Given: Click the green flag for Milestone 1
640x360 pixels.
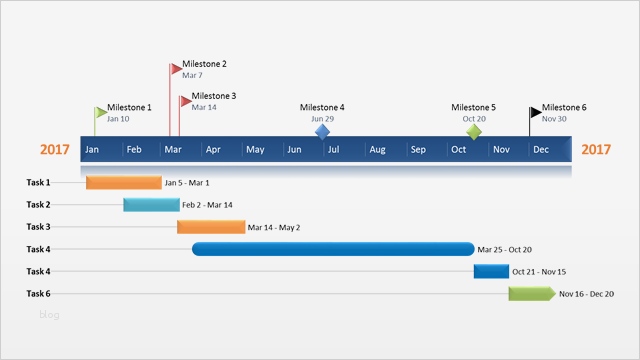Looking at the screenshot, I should pyautogui.click(x=100, y=112).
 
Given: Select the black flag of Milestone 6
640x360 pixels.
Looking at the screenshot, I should pyautogui.click(x=536, y=112).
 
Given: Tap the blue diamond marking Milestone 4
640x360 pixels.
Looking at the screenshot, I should pyautogui.click(x=322, y=131).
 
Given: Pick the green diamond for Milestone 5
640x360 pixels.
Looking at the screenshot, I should pyautogui.click(x=473, y=131).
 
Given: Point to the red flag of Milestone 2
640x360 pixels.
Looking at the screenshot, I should pyautogui.click(x=176, y=69).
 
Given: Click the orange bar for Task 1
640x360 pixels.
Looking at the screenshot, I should pyautogui.click(x=123, y=183).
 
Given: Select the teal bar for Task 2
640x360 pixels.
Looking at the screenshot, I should pyautogui.click(x=151, y=205).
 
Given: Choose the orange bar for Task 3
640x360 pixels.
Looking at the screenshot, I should pyautogui.click(x=211, y=227).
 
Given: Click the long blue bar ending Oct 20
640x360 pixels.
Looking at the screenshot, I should pyautogui.click(x=333, y=249).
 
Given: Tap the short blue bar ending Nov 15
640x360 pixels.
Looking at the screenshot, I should pyautogui.click(x=491, y=271).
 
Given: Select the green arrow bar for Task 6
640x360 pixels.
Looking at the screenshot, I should pyautogui.click(x=531, y=293).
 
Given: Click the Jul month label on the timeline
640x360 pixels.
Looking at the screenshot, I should pyautogui.click(x=333, y=150).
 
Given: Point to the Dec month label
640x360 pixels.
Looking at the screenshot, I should pyautogui.click(x=540, y=150).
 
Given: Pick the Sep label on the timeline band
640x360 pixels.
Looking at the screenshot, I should pyautogui.click(x=418, y=150).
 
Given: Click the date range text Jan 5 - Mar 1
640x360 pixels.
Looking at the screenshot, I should pyautogui.click(x=187, y=183).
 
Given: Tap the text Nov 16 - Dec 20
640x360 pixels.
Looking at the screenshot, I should pyautogui.click(x=587, y=294).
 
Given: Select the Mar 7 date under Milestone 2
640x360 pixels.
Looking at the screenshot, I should pyautogui.click(x=192, y=75).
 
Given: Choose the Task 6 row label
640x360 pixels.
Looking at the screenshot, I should pyautogui.click(x=38, y=293).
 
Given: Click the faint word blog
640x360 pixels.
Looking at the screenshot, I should pyautogui.click(x=50, y=315).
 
